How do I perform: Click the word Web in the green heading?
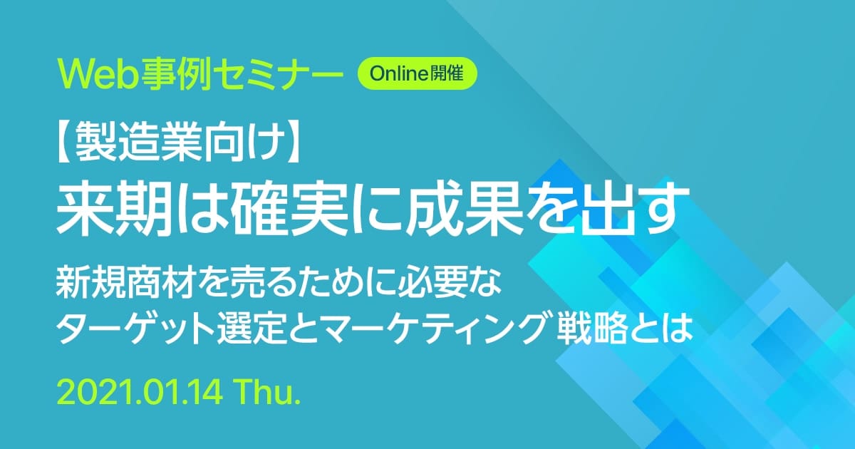tap(98, 73)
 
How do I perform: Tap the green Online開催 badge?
tap(417, 73)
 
